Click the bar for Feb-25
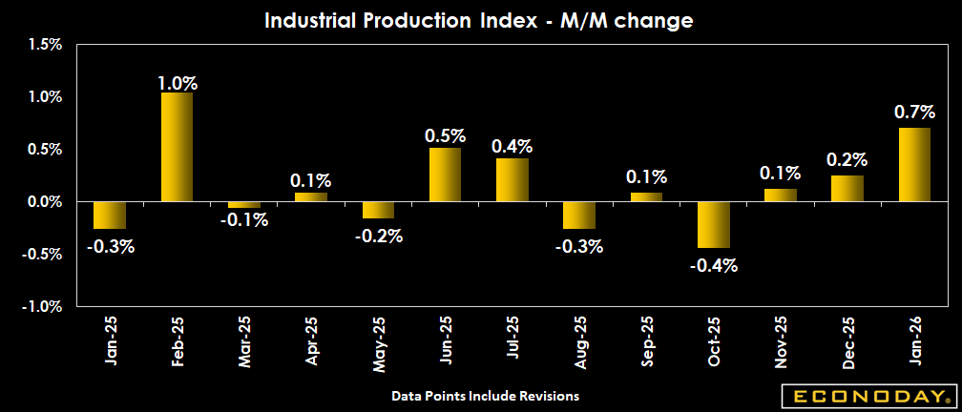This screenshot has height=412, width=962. (177, 147)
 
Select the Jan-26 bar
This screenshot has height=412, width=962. (914, 164)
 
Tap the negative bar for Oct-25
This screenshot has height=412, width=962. (713, 224)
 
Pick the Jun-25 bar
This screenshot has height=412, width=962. (445, 175)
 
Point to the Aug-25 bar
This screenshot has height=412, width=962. (579, 215)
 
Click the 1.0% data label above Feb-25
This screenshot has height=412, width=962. (177, 82)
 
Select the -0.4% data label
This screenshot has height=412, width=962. (714, 265)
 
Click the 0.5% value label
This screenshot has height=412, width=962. (445, 135)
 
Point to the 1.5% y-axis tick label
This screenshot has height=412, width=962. (44, 44)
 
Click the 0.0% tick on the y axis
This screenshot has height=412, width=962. (44, 202)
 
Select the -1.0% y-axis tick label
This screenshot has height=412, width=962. (42, 307)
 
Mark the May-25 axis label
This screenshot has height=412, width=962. (378, 343)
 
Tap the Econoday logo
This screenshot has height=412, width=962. (867, 396)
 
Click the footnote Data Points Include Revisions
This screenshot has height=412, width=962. (486, 395)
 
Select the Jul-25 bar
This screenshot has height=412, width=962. (512, 179)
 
